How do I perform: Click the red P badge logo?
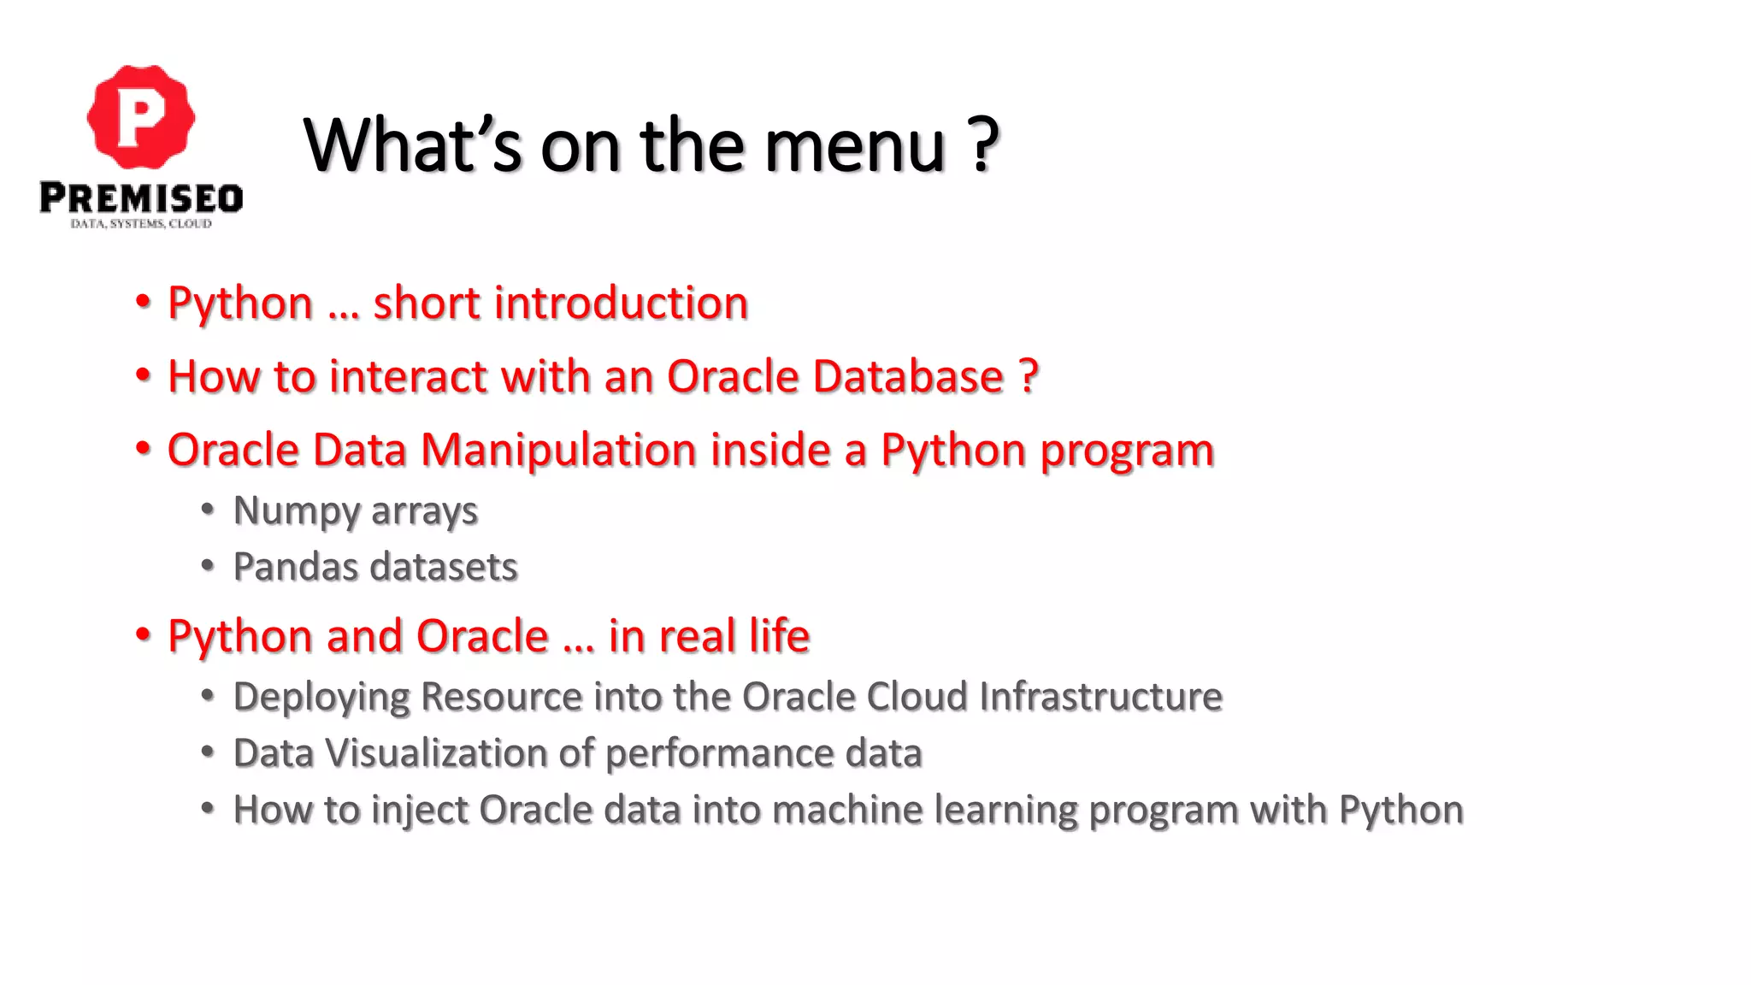click(x=141, y=117)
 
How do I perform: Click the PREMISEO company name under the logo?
click(x=141, y=198)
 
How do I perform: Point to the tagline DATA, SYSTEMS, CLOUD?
click(x=141, y=224)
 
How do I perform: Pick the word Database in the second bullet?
click(x=908, y=377)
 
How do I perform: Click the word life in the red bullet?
click(x=779, y=636)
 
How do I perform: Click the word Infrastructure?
click(x=1100, y=697)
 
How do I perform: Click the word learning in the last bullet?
click(x=1005, y=811)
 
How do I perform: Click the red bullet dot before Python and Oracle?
click(x=143, y=634)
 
